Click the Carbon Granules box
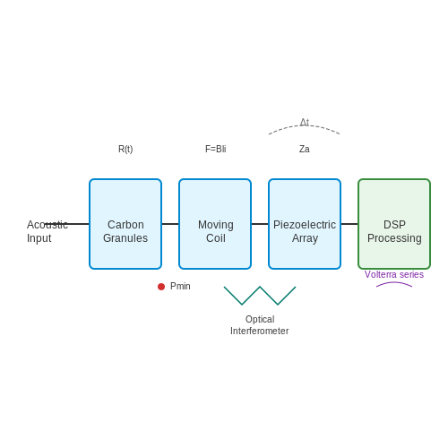125,224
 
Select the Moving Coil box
215,224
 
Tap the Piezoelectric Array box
305,224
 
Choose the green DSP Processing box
394,224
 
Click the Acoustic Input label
47,231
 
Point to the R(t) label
125,149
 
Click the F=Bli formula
216,149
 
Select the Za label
305,149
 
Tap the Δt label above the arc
305,122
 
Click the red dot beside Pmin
161,287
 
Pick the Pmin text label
180,286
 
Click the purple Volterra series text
394,274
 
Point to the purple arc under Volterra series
394,282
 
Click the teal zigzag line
260,287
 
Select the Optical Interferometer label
260,325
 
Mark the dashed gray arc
305,125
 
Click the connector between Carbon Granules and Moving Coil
170,224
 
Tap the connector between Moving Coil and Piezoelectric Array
260,224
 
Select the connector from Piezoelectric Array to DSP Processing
349,224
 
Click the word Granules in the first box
125,238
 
